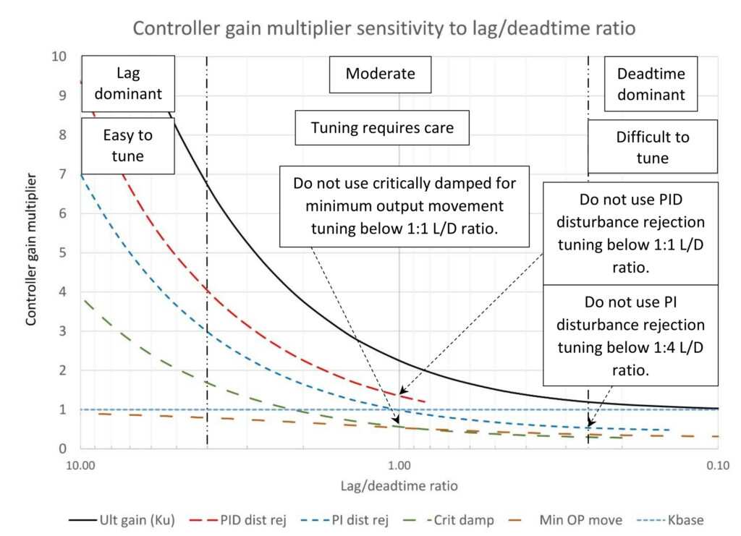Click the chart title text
coord(384,28)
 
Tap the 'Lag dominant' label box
coord(128,84)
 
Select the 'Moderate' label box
coord(380,74)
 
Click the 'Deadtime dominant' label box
coord(651,84)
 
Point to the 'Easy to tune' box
coord(128,146)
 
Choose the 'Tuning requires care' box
coord(382,128)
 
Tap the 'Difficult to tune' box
coord(653,146)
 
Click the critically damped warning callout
coord(404,206)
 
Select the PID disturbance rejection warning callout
coord(630,234)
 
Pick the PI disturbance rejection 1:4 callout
coord(630,336)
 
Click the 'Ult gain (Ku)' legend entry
coord(122,520)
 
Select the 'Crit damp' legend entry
coord(448,520)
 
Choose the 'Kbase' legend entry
coord(670,520)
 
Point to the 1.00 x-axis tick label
coord(399,466)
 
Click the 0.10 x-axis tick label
coord(718,466)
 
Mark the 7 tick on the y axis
coord(62,174)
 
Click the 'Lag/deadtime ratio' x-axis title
coord(399,486)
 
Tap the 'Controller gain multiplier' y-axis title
coord(30,250)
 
